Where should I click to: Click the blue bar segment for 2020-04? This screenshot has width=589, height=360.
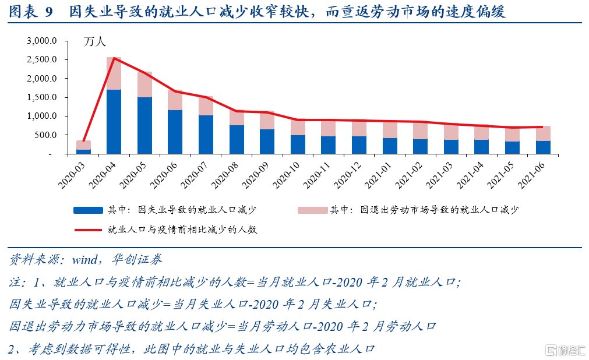pyautogui.click(x=114, y=122)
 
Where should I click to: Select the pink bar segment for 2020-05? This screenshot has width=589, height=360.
pyautogui.click(x=144, y=85)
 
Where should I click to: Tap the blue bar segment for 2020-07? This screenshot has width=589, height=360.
pyautogui.click(x=206, y=135)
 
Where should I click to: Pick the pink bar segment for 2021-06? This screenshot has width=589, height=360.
pyautogui.click(x=543, y=133)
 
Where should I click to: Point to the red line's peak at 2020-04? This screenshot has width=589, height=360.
pyautogui.click(x=114, y=58)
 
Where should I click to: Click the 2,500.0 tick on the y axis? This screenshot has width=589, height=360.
pyautogui.click(x=41, y=59)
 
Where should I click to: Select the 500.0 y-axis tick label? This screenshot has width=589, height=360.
pyautogui.click(x=46, y=135)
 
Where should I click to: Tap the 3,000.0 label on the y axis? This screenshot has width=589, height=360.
pyautogui.click(x=41, y=41)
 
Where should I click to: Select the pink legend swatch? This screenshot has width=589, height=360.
pyautogui.click(x=311, y=210)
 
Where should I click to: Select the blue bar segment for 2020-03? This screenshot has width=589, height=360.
pyautogui.click(x=83, y=151)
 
